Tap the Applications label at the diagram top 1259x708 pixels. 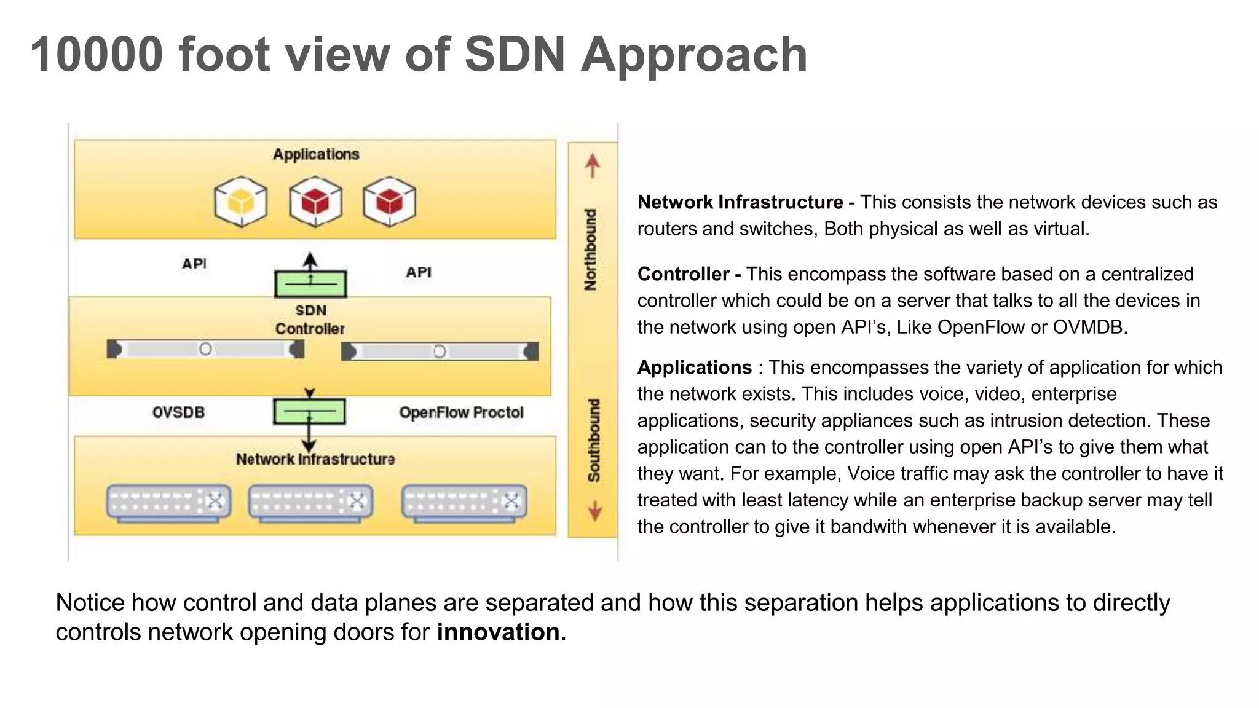316,154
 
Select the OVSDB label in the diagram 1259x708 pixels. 178,412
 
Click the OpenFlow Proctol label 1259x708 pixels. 461,412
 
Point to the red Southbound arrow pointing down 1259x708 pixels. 594,511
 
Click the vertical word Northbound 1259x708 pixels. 591,250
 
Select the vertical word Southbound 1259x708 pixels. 593,440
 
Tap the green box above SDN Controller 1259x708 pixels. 310,284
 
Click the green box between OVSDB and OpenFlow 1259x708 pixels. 309,411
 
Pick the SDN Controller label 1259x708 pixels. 310,320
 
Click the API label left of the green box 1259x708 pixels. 194,264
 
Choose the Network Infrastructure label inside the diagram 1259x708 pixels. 315,459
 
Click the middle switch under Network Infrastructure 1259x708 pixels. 310,502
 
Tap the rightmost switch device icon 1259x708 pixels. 464,502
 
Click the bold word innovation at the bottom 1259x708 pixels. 498,632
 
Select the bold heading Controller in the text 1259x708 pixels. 683,274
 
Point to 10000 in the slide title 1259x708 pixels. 97,55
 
